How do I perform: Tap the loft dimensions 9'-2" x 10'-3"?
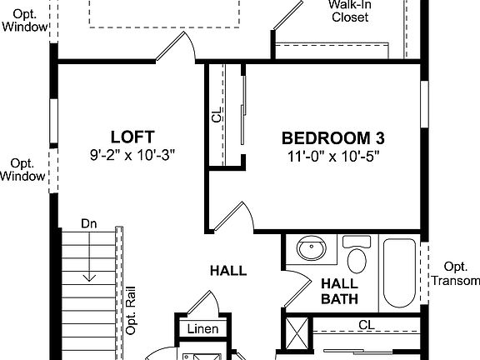(132, 155)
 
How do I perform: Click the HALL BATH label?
(341, 291)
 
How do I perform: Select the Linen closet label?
(202, 329)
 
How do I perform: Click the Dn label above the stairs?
(89, 223)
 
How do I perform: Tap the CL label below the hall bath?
(366, 325)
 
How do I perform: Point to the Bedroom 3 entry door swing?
(231, 217)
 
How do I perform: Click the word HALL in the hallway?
(227, 271)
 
